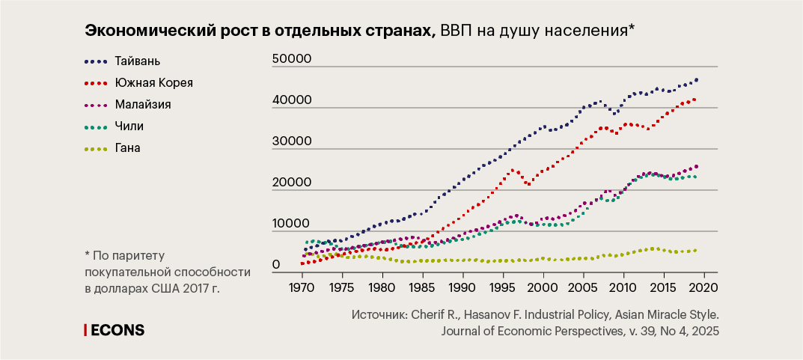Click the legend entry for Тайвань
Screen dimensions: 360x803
pyautogui.click(x=138, y=60)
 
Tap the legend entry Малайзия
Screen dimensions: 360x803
pyautogui.click(x=143, y=104)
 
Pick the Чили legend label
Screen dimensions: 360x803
pyautogui.click(x=129, y=126)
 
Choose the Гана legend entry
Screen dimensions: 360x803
pyautogui.click(x=128, y=147)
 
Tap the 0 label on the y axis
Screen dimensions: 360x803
pyautogui.click(x=276, y=265)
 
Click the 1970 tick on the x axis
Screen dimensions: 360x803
pyautogui.click(x=302, y=287)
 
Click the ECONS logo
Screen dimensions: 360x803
pyautogui.click(x=117, y=330)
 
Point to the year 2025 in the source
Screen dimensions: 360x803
pyautogui.click(x=704, y=331)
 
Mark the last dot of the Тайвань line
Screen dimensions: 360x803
pyautogui.click(x=697, y=79)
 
